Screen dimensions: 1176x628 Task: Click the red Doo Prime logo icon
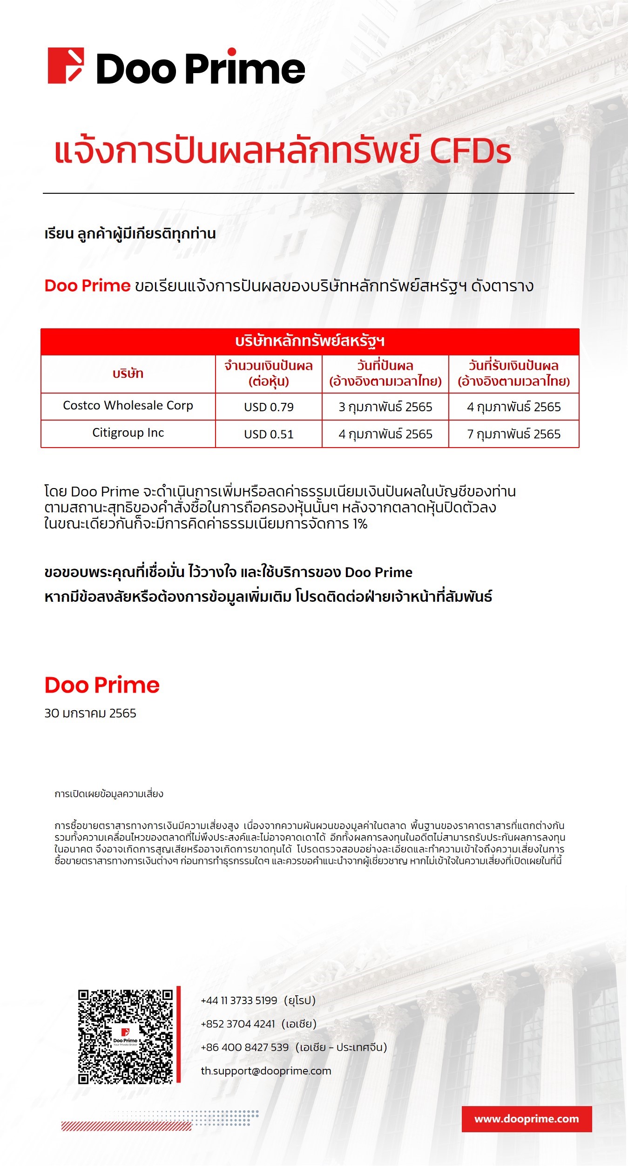click(66, 66)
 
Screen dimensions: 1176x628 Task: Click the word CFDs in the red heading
click(470, 151)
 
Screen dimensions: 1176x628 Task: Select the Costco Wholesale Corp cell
click(128, 406)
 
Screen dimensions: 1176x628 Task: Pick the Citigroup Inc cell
click(128, 433)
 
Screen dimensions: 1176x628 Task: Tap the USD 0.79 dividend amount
click(269, 407)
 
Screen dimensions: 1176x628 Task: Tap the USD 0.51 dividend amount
click(269, 435)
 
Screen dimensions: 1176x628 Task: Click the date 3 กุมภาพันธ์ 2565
click(385, 407)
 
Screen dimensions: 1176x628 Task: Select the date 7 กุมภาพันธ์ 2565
click(513, 435)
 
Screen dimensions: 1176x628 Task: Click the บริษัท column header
click(128, 374)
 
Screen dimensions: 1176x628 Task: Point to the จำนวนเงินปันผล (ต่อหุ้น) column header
click(269, 374)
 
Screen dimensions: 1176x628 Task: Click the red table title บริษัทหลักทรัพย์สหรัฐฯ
click(310, 341)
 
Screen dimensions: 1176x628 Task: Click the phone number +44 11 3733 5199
click(239, 1000)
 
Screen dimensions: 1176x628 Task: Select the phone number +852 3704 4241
click(238, 1024)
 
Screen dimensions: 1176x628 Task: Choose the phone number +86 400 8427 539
click(245, 1047)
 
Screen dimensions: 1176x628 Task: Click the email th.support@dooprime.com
click(266, 1071)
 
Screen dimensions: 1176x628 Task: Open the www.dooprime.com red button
click(527, 1119)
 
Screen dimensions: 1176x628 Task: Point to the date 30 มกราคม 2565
click(90, 714)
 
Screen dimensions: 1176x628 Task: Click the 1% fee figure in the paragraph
click(360, 524)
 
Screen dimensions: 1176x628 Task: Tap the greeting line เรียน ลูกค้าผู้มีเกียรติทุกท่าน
click(130, 234)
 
